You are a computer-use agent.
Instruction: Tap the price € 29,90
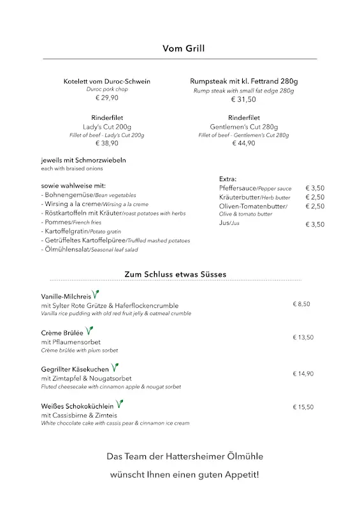tap(107, 98)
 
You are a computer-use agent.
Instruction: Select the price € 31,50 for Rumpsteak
tap(244, 99)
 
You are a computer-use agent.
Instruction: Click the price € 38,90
tap(107, 143)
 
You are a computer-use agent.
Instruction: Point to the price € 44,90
tap(244, 143)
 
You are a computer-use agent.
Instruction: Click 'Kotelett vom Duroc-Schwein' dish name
tap(107, 82)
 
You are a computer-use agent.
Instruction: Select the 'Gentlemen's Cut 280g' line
tap(244, 127)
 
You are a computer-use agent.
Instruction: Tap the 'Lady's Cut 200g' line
tap(107, 127)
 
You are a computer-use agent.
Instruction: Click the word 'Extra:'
tap(227, 179)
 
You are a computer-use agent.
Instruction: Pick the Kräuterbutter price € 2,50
tap(315, 198)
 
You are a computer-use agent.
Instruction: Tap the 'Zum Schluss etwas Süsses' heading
tap(175, 275)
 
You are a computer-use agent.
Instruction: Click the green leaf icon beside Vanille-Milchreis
tap(96, 295)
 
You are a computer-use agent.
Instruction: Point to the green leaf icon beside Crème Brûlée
tap(90, 331)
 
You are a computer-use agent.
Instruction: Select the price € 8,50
tap(301, 304)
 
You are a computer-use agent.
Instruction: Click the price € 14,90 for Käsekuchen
tap(303, 374)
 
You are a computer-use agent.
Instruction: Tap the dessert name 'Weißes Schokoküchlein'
tap(77, 405)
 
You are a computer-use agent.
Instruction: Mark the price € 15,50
tap(303, 407)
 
